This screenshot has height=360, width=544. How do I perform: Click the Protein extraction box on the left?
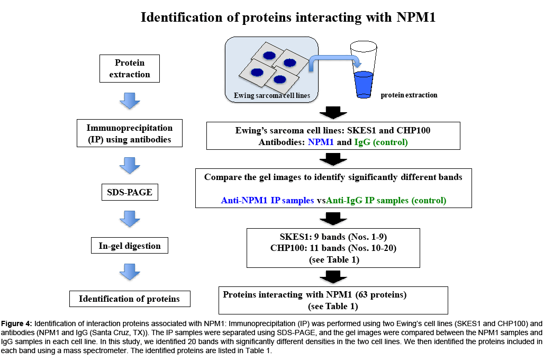(130, 68)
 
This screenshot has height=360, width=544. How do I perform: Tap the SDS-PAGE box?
(130, 192)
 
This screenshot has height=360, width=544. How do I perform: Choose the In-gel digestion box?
(130, 246)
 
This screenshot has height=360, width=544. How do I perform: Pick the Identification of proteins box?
(130, 299)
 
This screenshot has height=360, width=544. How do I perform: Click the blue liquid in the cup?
(364, 84)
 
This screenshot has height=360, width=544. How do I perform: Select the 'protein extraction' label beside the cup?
(409, 95)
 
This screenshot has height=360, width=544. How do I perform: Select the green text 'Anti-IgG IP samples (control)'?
(386, 201)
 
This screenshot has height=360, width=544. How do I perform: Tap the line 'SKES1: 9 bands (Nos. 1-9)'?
(333, 237)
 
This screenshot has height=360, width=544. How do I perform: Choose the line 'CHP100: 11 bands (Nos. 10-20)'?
(333, 248)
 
